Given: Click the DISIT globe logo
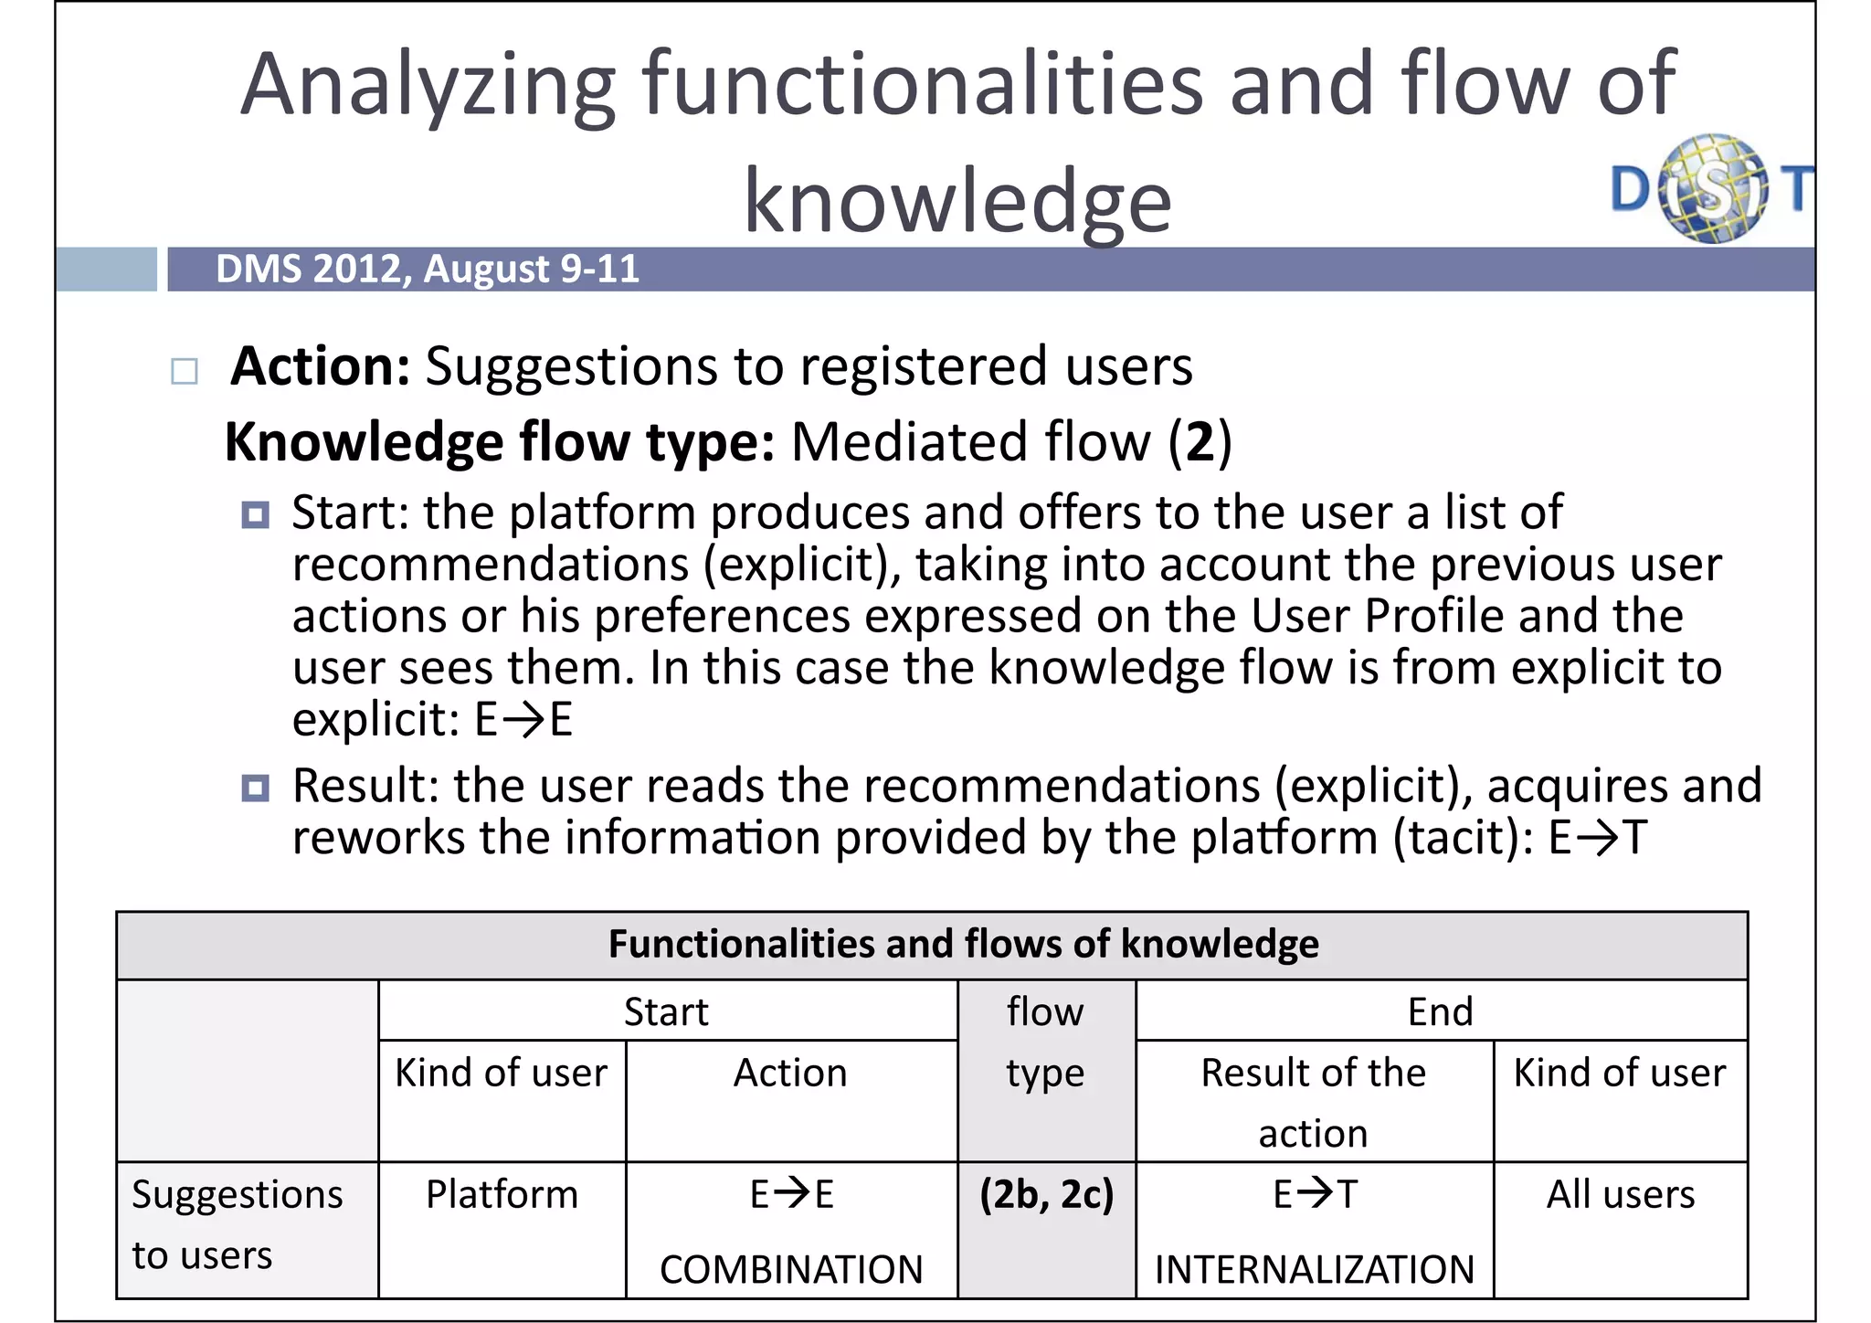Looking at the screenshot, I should point(1713,189).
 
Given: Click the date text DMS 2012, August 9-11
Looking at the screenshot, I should point(427,269).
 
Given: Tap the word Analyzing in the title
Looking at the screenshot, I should point(428,85).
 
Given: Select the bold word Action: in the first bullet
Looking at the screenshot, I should point(321,366).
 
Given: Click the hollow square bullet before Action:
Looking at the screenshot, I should point(185,371).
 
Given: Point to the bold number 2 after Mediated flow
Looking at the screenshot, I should point(1200,442).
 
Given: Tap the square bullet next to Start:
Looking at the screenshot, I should point(255,515).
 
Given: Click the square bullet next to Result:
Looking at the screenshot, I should point(255,788).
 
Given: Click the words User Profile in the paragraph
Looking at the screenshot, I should point(1376,615).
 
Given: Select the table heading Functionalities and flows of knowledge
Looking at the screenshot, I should point(963,944).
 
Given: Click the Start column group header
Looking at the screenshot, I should point(666,1011).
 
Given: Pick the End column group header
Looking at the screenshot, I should point(1440,1011).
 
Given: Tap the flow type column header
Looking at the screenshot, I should point(1045,1042).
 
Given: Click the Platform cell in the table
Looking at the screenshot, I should point(502,1194).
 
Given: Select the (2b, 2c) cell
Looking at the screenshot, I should point(1046,1194).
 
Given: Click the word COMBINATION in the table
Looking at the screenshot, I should point(791,1269).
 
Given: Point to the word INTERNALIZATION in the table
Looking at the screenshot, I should point(1314,1269).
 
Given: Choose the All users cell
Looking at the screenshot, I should point(1620,1194).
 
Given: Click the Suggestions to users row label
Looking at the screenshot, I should point(237,1224).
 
